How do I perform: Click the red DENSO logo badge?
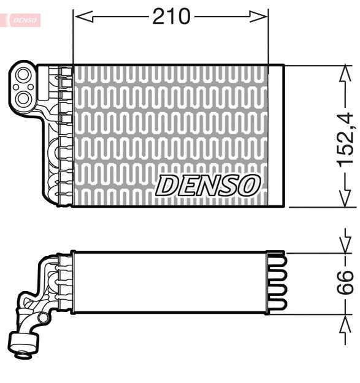pyautogui.click(x=23, y=20)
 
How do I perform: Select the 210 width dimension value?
pyautogui.click(x=171, y=17)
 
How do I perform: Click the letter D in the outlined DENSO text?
pyautogui.click(x=167, y=185)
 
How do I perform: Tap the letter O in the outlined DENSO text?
pyautogui.click(x=248, y=185)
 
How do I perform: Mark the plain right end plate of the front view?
pyautogui.click(x=277, y=135)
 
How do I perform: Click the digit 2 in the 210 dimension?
pyautogui.click(x=159, y=17)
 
